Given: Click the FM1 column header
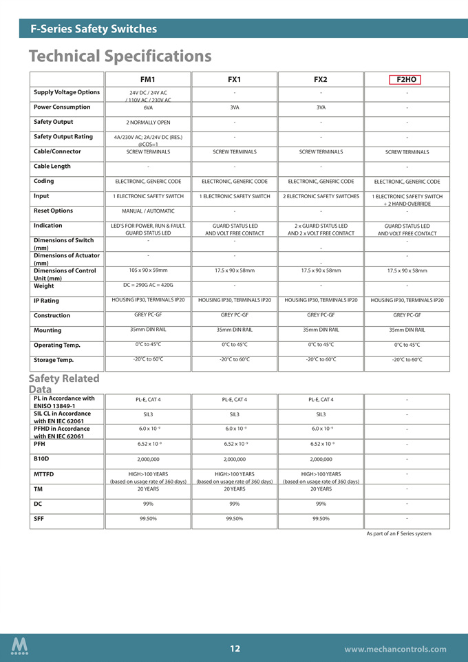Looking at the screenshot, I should pyautogui.click(x=147, y=80).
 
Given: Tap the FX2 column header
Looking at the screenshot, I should pyautogui.click(x=320, y=80).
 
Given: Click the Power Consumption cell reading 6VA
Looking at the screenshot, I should pyautogui.click(x=148, y=108).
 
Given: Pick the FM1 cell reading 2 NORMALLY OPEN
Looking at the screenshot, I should pyautogui.click(x=148, y=122).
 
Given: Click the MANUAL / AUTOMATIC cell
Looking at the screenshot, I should pyautogui.click(x=148, y=211).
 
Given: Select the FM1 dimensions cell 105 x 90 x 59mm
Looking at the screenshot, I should pyautogui.click(x=148, y=270).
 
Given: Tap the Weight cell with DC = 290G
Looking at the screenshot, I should pyautogui.click(x=148, y=285).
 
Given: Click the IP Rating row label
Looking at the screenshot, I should pyautogui.click(x=46, y=301).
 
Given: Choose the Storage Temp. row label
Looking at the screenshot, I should pyautogui.click(x=54, y=360).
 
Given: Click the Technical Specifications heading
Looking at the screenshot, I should pyautogui.click(x=120, y=55).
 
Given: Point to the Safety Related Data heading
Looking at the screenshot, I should pyautogui.click(x=64, y=384).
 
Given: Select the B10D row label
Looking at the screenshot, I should pyautogui.click(x=42, y=458).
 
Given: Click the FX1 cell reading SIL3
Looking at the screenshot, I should pyautogui.click(x=234, y=414).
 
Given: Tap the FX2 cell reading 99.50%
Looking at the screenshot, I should pyautogui.click(x=321, y=518).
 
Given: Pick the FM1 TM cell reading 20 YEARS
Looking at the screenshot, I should pyautogui.click(x=148, y=489).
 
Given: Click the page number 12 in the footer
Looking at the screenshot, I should pyautogui.click(x=235, y=648).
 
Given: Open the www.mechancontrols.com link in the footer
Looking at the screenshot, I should pyautogui.click(x=395, y=649).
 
